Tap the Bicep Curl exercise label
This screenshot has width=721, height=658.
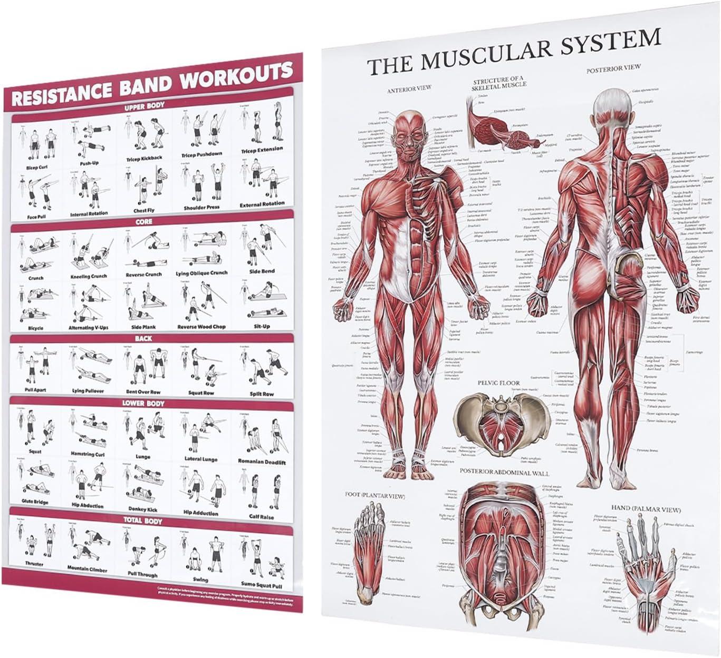tap(36, 168)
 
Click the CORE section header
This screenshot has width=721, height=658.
tap(144, 222)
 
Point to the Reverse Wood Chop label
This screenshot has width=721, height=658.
tap(201, 327)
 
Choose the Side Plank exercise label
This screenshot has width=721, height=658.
tap(143, 327)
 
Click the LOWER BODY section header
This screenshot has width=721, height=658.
tap(143, 404)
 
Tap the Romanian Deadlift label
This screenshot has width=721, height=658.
tap(262, 462)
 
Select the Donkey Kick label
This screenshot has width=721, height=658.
tap(143, 509)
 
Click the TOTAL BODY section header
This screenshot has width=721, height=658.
tap(143, 521)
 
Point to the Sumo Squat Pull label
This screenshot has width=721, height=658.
tap(262, 585)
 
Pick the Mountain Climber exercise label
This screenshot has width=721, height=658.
tap(87, 569)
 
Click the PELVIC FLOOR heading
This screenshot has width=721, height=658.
tap(498, 383)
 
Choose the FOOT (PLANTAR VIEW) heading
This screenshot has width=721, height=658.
tap(374, 495)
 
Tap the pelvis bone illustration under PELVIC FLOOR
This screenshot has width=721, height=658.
tap(499, 421)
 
